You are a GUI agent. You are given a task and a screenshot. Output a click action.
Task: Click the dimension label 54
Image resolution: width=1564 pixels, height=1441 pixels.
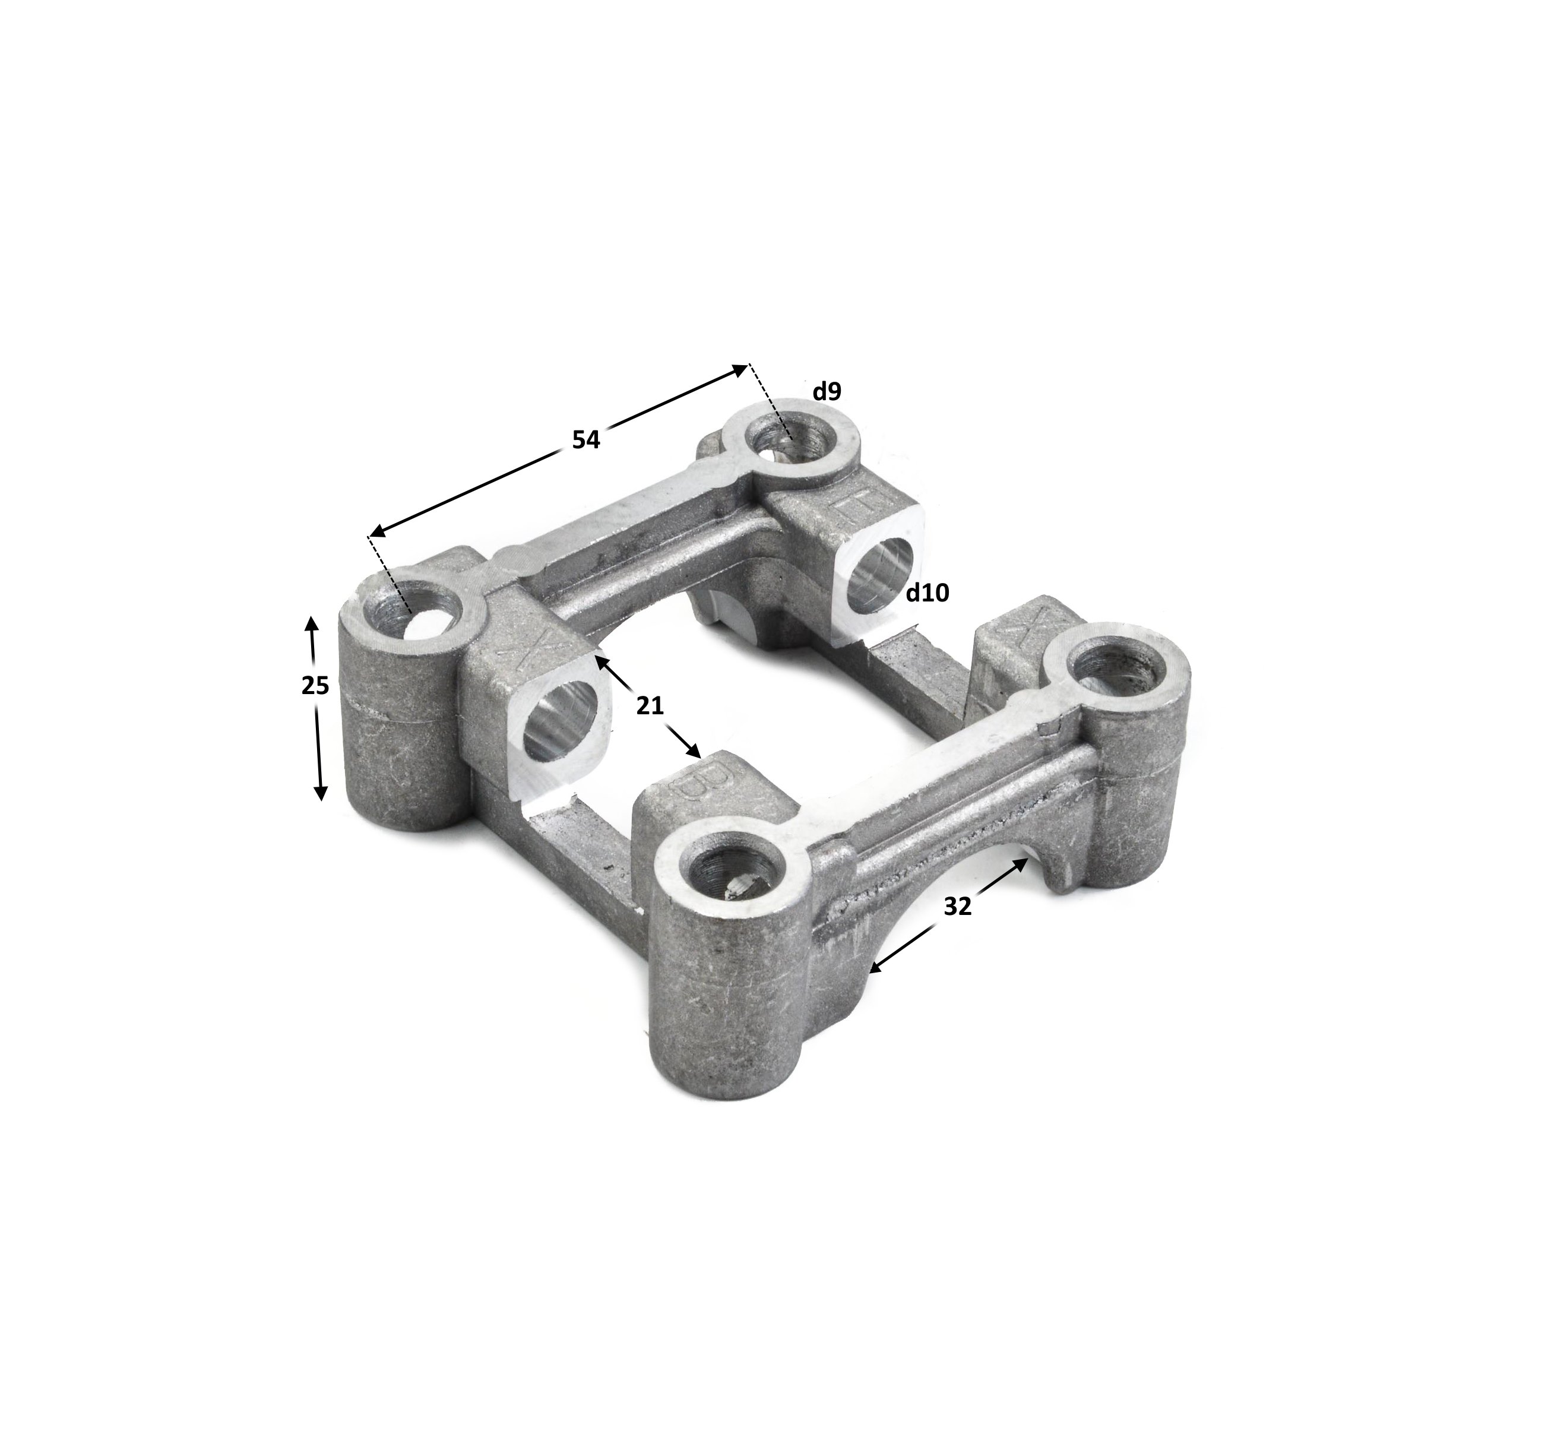click(x=585, y=440)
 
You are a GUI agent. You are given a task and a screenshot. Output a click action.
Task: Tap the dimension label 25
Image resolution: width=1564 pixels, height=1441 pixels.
click(x=315, y=685)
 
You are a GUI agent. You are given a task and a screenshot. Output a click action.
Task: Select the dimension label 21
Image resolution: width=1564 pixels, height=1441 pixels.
click(x=650, y=706)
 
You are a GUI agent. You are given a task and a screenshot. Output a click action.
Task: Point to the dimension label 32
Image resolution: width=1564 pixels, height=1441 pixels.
click(x=957, y=906)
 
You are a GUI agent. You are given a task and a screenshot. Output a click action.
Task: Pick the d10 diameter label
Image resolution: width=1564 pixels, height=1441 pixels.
click(x=927, y=593)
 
